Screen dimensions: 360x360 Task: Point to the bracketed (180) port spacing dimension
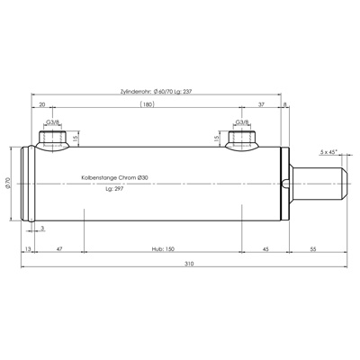coord(146,104)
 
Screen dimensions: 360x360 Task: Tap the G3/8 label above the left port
coord(52,122)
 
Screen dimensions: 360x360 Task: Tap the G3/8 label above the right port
coord(241,122)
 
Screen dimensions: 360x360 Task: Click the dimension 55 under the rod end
coord(312,247)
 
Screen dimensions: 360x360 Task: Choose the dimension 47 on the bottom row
coord(59,247)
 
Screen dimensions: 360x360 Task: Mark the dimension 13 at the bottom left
coord(28,247)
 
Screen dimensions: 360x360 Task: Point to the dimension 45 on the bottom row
coord(266,247)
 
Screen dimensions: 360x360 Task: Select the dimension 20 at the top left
coord(43,104)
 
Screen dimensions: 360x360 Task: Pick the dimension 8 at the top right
coord(285,104)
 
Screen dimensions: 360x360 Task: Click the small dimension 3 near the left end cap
coord(42,229)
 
